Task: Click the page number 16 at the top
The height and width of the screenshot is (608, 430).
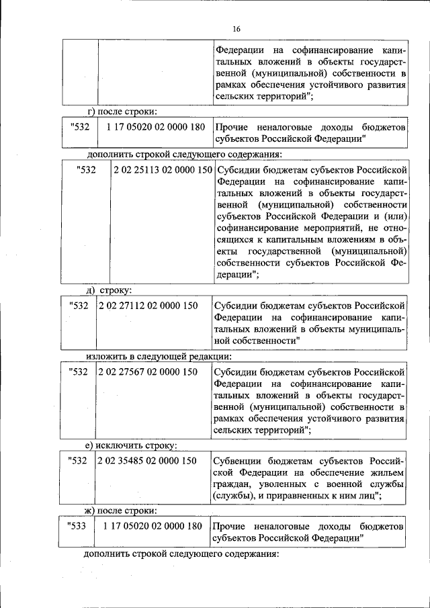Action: pyautogui.click(x=236, y=29)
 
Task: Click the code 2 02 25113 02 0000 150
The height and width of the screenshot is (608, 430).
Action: pyautogui.click(x=163, y=170)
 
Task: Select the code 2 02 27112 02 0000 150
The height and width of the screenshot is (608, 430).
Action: pyautogui.click(x=148, y=306)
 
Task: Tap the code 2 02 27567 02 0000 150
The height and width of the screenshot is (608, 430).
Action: pyautogui.click(x=148, y=372)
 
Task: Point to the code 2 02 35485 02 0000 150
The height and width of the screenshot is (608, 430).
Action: pyautogui.click(x=148, y=460)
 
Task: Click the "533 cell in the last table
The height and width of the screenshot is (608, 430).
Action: pyautogui.click(x=78, y=525)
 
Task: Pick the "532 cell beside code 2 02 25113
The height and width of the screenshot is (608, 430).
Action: pyautogui.click(x=87, y=170)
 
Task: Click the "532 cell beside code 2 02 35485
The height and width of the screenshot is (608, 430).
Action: pyautogui.click(x=78, y=460)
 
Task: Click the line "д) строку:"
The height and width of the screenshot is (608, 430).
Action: pyautogui.click(x=110, y=290)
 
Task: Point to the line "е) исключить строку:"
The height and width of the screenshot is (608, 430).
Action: pyautogui.click(x=130, y=445)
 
